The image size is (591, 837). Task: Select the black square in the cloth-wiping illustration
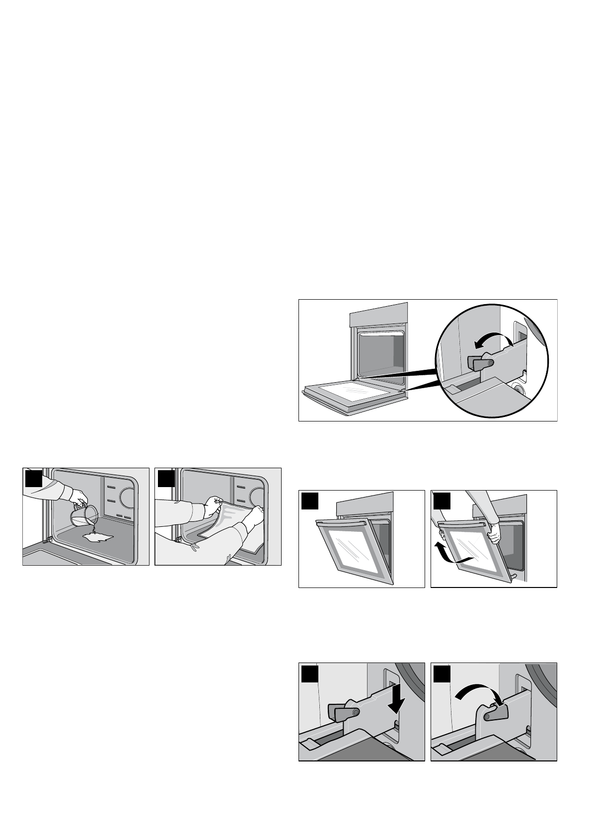pos(165,478)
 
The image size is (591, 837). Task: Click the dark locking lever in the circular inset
pos(480,363)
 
